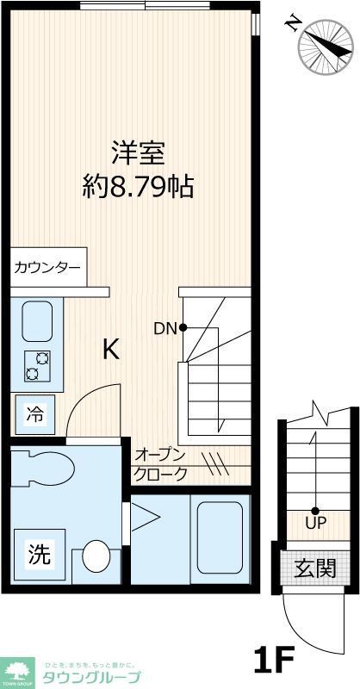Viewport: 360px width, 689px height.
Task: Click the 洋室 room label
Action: coord(137,152)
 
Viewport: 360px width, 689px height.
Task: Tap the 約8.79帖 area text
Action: coord(137,186)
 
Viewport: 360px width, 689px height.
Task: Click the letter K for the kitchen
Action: coord(111,349)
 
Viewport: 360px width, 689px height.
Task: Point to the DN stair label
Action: coord(164,327)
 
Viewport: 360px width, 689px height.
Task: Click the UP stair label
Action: coord(314,522)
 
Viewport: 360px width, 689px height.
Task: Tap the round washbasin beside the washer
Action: coord(96,556)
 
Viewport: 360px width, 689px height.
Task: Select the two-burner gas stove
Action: coord(37,365)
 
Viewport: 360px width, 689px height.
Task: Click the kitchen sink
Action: coord(37,321)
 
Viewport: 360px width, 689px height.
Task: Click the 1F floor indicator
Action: coord(275,661)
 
